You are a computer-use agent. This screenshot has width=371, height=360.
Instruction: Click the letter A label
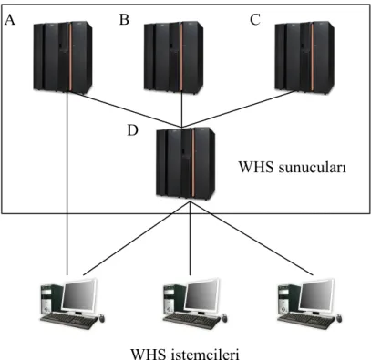point(10,20)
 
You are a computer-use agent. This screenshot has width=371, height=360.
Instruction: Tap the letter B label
point(124,20)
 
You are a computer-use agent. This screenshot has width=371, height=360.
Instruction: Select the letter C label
point(255,20)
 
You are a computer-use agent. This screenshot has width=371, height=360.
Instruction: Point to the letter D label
point(132,130)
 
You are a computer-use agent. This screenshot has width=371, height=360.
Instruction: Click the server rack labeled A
point(63,57)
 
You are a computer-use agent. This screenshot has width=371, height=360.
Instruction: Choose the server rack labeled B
point(173,57)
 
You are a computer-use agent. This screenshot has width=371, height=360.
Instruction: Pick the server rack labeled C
point(304,57)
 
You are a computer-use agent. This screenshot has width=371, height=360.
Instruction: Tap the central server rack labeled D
point(185,164)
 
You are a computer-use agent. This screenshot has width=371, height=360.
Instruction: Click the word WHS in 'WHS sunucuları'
point(256,167)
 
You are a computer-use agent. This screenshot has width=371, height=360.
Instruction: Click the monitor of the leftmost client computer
point(79,296)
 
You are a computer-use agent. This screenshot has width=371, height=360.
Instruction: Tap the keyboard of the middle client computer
point(191,322)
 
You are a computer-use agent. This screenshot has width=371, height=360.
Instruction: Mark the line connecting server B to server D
point(181,109)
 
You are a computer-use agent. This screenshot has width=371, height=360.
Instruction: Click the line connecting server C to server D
point(239,109)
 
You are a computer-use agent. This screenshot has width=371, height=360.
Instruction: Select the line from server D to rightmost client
point(252,239)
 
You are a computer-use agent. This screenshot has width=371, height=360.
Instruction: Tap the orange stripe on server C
point(312,57)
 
